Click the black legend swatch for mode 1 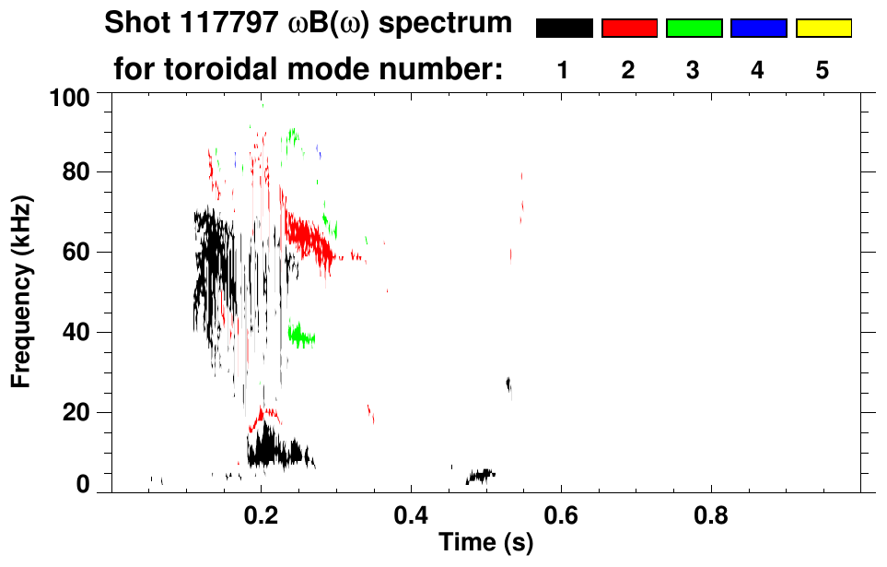coord(564,29)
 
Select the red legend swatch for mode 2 coord(629,29)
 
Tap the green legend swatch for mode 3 coord(694,29)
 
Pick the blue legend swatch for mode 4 coord(758,29)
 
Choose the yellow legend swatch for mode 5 coord(823,29)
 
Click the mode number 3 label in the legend coord(693,70)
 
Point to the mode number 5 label coord(823,70)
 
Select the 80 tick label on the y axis coord(80,172)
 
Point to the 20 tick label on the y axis coord(80,413)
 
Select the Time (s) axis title coord(485,544)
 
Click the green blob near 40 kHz coord(300,335)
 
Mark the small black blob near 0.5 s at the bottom coord(480,476)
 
